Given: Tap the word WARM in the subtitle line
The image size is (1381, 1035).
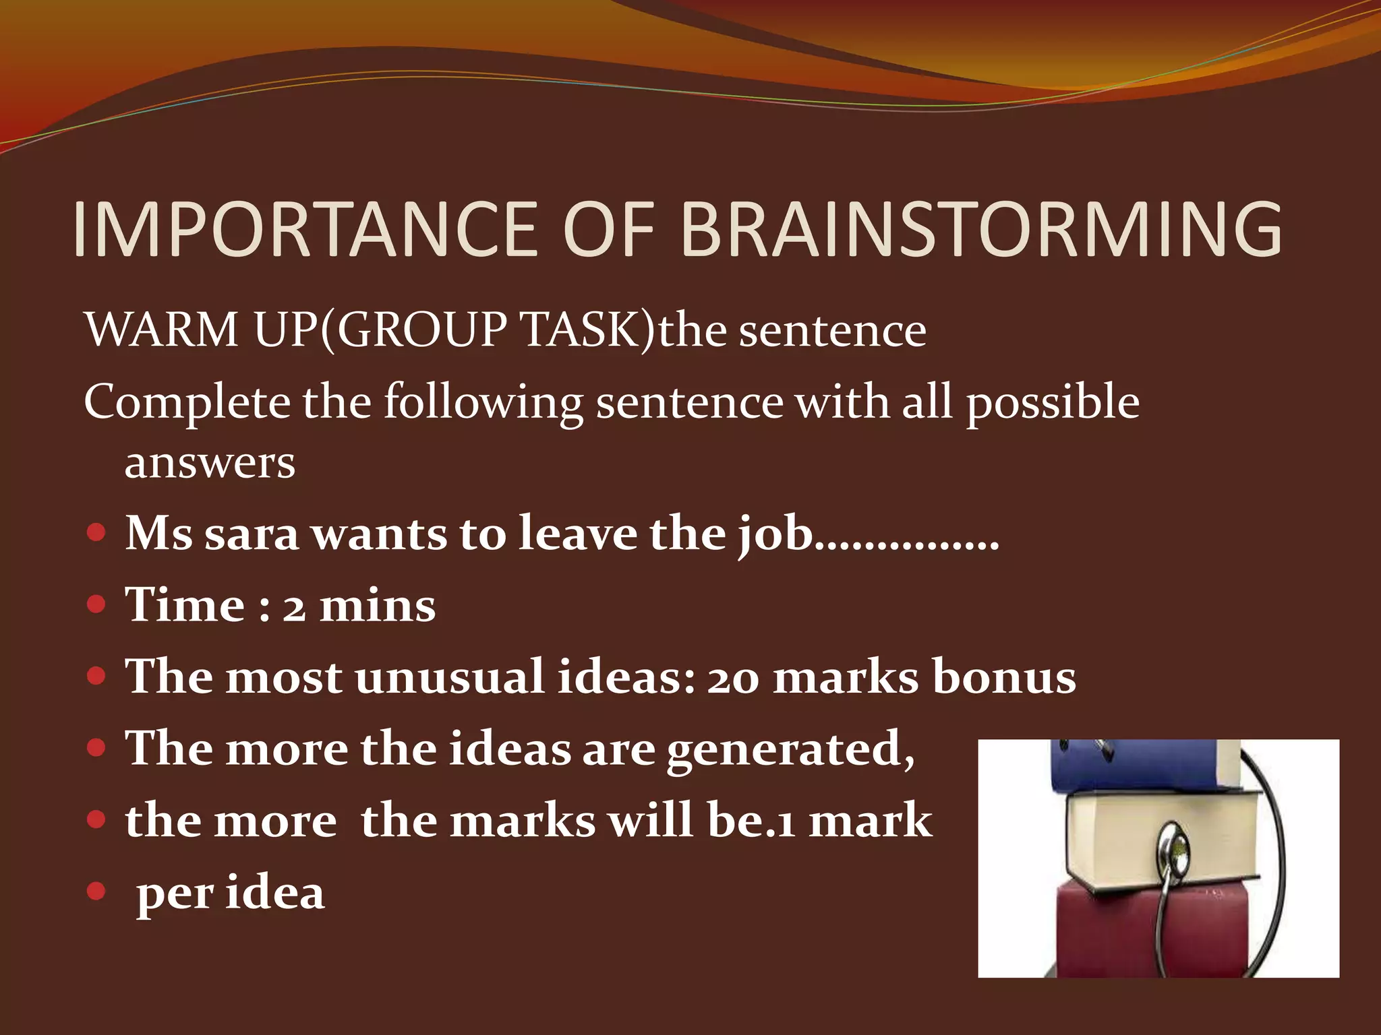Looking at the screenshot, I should pos(162,330).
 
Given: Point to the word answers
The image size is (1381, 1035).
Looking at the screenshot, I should pos(210,464).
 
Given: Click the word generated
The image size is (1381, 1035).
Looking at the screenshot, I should pos(789,751).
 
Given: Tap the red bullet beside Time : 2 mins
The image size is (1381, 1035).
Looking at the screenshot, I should pos(97,604).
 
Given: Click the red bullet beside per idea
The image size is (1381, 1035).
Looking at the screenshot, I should pos(97,891).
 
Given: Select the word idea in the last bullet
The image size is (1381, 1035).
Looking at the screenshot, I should pos(274,893).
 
